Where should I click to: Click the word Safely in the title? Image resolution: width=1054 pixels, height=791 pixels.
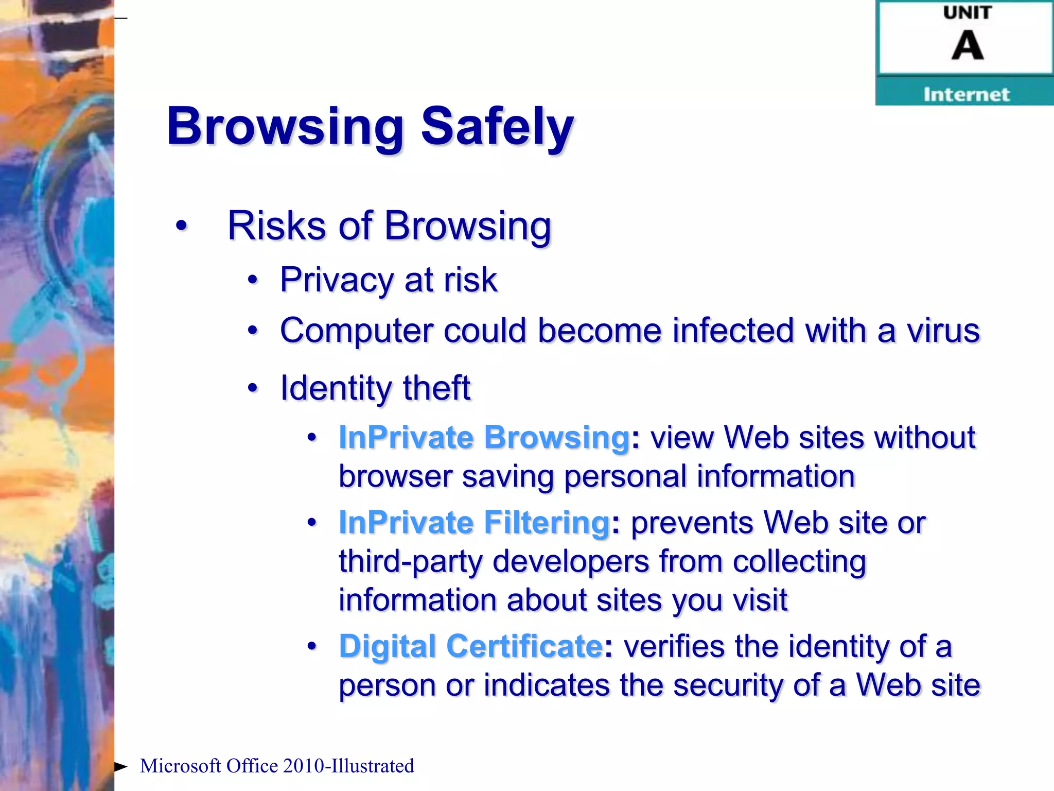497,126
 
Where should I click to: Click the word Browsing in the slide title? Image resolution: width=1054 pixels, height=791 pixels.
285,127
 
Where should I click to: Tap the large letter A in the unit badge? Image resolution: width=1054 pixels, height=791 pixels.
967,45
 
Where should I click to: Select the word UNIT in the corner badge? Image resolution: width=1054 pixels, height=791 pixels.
967,13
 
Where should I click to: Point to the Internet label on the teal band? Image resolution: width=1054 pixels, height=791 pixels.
966,95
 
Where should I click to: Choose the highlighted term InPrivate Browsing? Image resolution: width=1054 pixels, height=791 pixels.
484,438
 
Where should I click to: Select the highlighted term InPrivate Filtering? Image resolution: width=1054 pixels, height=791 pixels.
474,523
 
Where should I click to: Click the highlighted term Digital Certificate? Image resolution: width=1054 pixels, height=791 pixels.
470,646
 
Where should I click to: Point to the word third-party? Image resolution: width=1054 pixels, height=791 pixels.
410,561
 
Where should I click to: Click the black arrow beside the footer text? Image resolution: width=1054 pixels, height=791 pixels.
120,767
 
